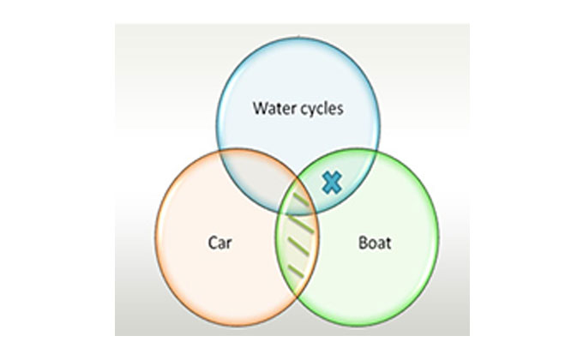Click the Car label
[x=219, y=243]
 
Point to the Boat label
[x=374, y=243]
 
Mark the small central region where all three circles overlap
[x=298, y=189]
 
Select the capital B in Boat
[x=361, y=243]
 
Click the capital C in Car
[x=211, y=243]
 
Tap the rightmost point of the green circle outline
[x=439, y=237]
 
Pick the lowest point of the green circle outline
[x=358, y=319]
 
